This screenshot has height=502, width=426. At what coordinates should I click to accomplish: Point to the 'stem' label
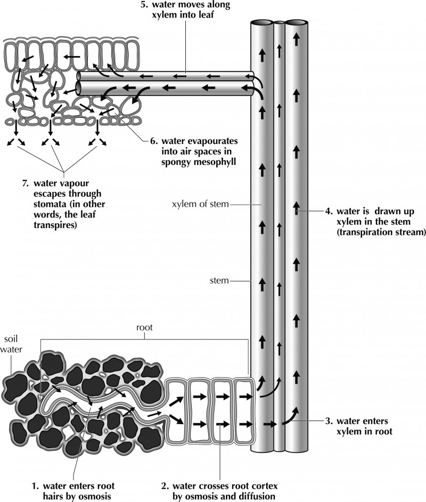coord(219,279)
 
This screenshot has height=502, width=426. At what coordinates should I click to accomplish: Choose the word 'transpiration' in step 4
coord(364,232)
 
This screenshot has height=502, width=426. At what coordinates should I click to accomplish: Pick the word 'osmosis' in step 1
coord(96,496)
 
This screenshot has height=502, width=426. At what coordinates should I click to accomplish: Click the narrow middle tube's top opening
coord(278,22)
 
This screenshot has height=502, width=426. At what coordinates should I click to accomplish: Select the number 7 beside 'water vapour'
coord(25,183)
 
